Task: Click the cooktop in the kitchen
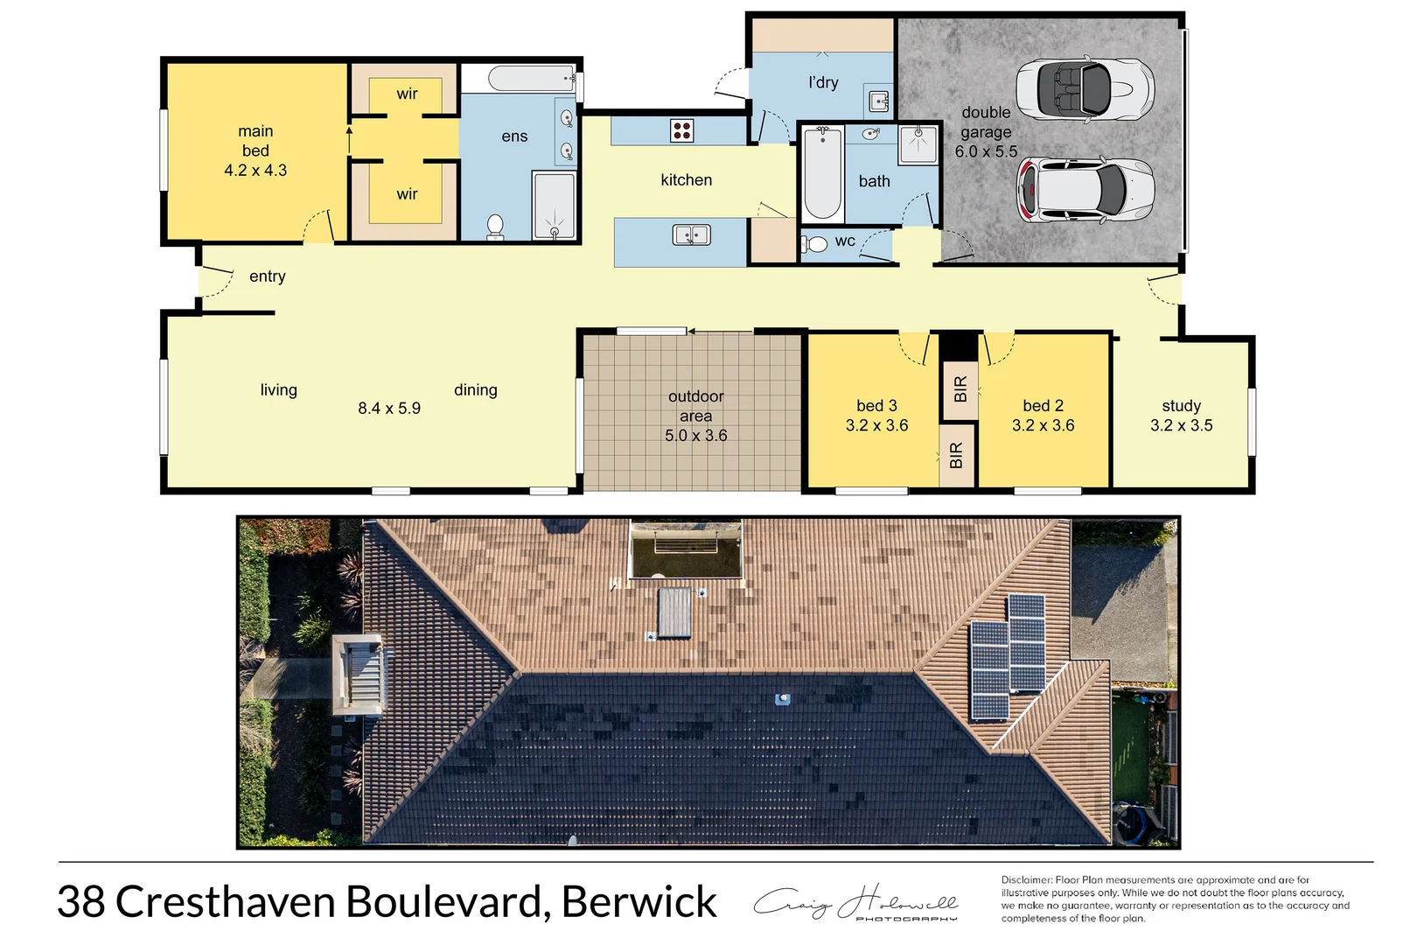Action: point(681,131)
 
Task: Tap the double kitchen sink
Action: point(691,234)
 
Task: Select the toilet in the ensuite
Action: point(495,227)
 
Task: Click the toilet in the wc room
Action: point(816,243)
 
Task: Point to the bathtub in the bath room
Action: point(822,172)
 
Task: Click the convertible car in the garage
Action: point(1085,88)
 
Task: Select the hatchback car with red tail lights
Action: point(1085,190)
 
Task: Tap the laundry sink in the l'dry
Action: point(878,101)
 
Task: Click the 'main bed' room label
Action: point(255,141)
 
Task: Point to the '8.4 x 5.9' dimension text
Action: point(389,408)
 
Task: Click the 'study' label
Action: point(1181,405)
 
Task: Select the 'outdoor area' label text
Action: point(695,406)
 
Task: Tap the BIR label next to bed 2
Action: point(960,388)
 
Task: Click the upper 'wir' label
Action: point(407,94)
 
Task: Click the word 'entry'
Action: point(267,276)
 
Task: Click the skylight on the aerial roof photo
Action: point(674,612)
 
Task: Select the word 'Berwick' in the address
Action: point(639,902)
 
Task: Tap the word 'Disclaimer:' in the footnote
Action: point(1027,880)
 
